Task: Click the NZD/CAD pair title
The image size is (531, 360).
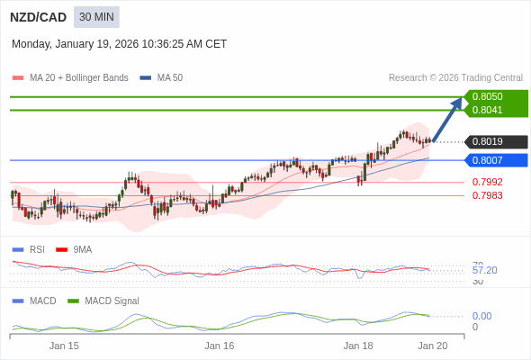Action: [x=38, y=17]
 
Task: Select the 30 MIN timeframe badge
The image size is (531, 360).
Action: [x=96, y=17]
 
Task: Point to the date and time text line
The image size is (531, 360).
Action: [x=119, y=44]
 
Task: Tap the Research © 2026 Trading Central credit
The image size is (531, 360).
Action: [x=455, y=78]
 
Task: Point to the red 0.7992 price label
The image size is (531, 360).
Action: [x=487, y=182]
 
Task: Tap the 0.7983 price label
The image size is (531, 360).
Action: [x=487, y=195]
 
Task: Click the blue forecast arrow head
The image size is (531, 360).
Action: [x=456, y=103]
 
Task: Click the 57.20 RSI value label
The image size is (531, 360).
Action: [x=484, y=270]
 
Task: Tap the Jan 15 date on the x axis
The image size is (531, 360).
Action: [x=64, y=346]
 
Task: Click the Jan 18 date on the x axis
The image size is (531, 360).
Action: [x=358, y=346]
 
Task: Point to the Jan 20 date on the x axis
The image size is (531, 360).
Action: [x=432, y=346]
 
